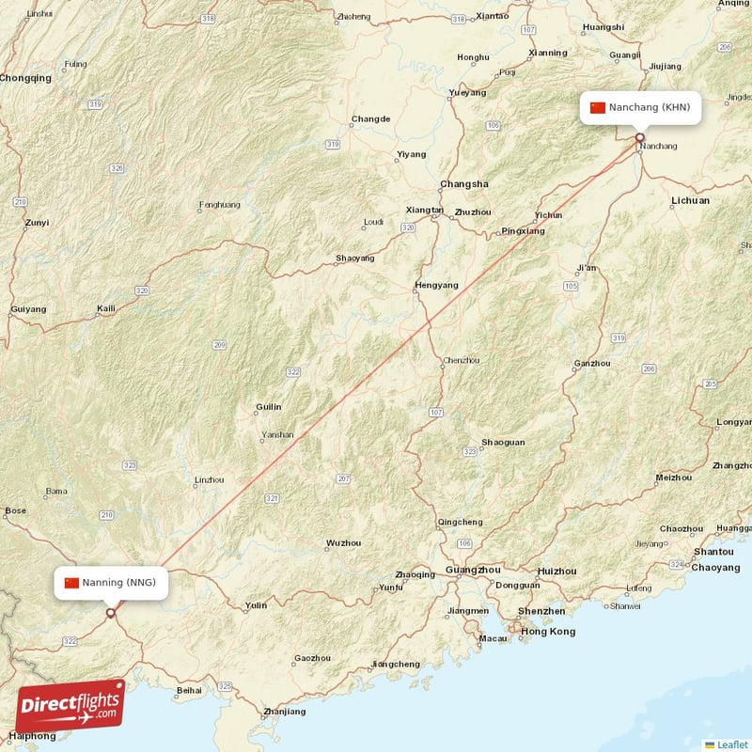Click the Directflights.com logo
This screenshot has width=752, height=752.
pos(70,706)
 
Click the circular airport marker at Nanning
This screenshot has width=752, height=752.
pos(110,613)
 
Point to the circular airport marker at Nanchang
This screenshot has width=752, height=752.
pos(640,137)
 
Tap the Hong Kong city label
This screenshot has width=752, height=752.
pos(548,632)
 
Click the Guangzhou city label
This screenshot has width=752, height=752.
pos(474,571)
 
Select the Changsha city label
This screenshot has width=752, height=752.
pos(463,184)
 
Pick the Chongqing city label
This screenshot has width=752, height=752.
pos(26,79)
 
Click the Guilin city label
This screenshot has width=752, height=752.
pos(268,407)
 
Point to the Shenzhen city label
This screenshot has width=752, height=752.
pos(540,611)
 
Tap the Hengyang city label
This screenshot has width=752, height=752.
pos(437,285)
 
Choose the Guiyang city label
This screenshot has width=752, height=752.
pos(27,309)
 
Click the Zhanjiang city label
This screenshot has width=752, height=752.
pos(285,712)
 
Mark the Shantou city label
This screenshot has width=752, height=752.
pos(713,552)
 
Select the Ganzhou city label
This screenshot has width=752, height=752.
pos(592,364)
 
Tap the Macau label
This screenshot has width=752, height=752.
pos(493,639)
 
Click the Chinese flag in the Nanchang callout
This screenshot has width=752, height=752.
pos(598,107)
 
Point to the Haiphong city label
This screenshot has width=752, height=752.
pos(32,736)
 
